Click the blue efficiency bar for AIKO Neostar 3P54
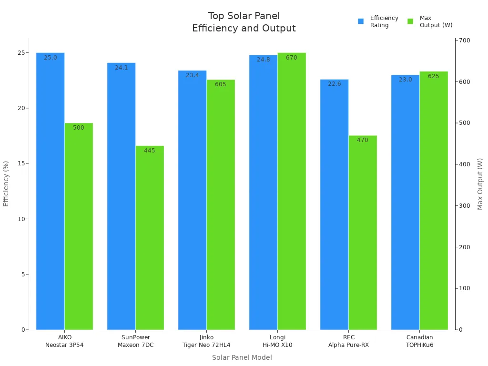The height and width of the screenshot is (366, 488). pyautogui.click(x=50, y=191)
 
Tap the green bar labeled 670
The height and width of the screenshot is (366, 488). pyautogui.click(x=292, y=191)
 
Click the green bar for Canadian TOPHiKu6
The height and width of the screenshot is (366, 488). pyautogui.click(x=434, y=200)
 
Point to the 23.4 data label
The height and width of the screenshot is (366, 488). pyautogui.click(x=193, y=75)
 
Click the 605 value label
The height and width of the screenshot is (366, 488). pyautogui.click(x=221, y=84)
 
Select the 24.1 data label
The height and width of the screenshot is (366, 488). pyautogui.click(x=122, y=68)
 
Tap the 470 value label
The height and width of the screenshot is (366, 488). pyautogui.click(x=363, y=140)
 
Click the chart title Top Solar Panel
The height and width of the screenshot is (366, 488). pyautogui.click(x=244, y=16)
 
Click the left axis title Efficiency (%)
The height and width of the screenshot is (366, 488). pyautogui.click(x=6, y=183)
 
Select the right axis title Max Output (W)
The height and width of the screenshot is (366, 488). pyautogui.click(x=480, y=183)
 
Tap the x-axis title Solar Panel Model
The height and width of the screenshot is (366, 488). pyautogui.click(x=242, y=357)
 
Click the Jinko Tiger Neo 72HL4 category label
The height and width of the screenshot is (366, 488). pyautogui.click(x=206, y=341)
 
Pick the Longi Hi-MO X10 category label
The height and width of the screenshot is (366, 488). pyautogui.click(x=277, y=341)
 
